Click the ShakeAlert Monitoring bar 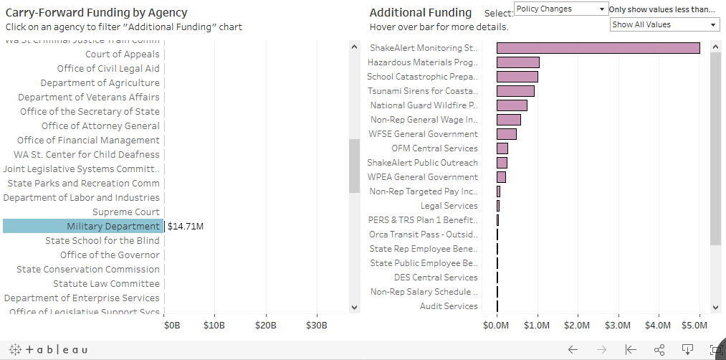click(598, 48)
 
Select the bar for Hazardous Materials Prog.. click(517, 62)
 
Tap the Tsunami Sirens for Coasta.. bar click(515, 91)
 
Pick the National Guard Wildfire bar click(512, 105)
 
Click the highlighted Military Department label click(113, 227)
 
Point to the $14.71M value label click(186, 227)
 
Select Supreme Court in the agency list click(126, 212)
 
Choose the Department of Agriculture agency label click(100, 83)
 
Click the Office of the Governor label click(110, 255)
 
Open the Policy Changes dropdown click(560, 9)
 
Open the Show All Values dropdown click(664, 24)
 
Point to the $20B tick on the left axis click(266, 326)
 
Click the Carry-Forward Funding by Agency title click(96, 12)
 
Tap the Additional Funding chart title click(421, 12)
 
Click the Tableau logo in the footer click(47, 349)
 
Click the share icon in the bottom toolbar click(659, 350)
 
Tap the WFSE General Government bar click(506, 134)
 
